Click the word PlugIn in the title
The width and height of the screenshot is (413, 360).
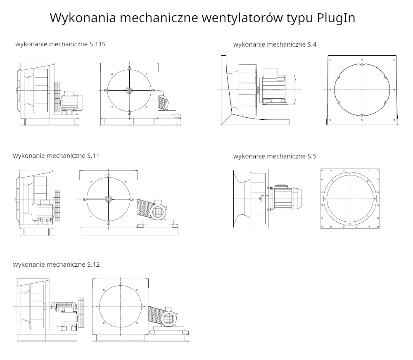336,18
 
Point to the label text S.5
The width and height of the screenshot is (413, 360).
312,156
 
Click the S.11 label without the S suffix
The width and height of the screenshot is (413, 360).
93,156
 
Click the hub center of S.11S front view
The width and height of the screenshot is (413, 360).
129,90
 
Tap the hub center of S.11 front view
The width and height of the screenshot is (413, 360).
108,199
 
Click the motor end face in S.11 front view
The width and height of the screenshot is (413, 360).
157,213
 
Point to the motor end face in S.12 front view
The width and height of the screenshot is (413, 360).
168,318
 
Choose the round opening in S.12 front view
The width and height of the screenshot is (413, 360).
120,307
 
